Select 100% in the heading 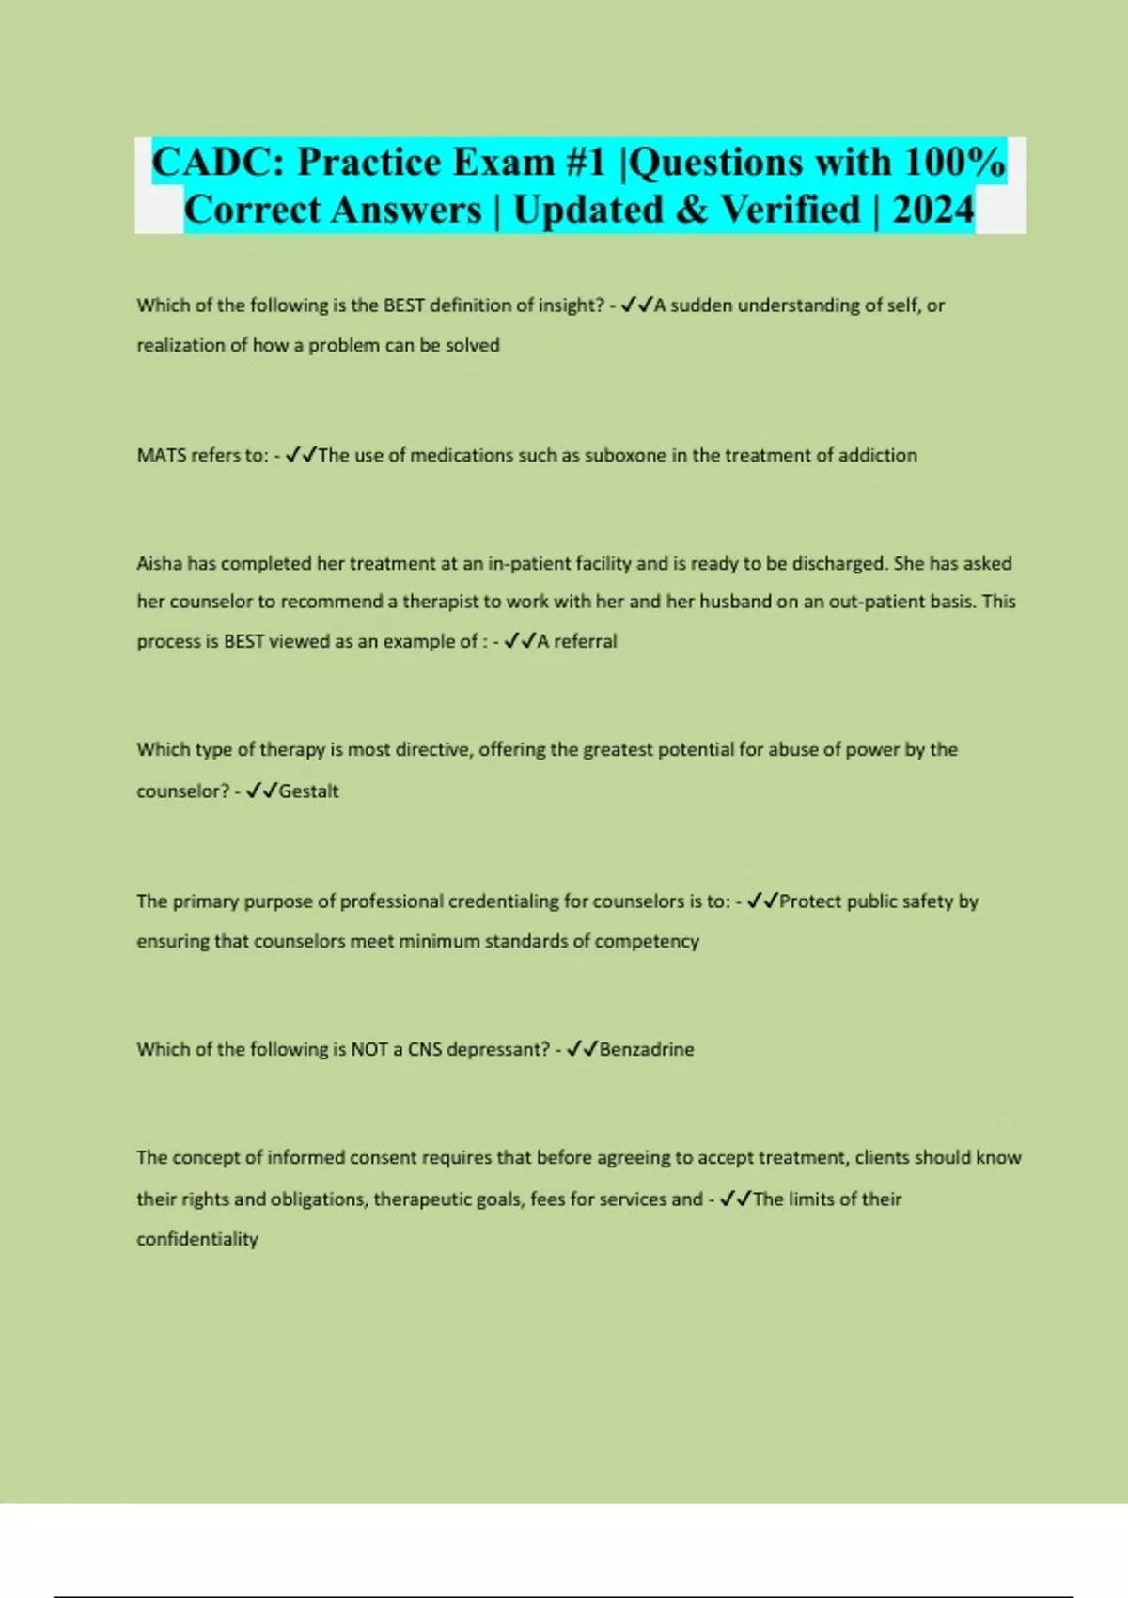[955, 162]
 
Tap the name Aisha [159, 564]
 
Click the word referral [585, 641]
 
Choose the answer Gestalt [308, 791]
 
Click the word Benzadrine [647, 1049]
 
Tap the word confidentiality [197, 1240]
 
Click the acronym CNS [424, 1049]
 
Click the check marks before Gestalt [261, 791]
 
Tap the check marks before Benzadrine [582, 1049]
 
